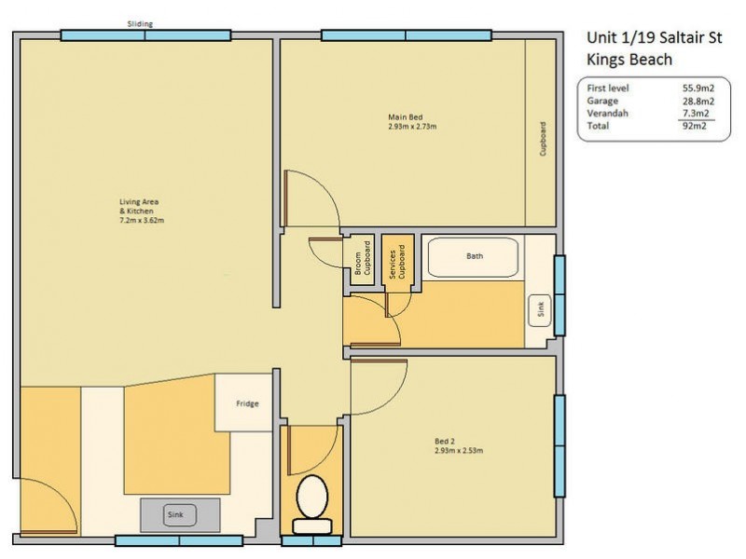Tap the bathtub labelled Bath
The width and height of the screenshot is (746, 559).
[473, 257]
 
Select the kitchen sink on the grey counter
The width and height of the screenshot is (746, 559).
[180, 515]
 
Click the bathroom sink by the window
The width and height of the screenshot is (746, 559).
[540, 310]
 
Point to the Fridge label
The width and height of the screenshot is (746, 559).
[247, 403]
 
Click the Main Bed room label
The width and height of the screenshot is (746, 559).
[406, 117]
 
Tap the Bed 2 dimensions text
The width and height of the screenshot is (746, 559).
[459, 451]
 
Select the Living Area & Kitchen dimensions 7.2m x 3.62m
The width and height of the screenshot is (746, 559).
[142, 220]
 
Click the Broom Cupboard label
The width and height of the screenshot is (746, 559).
[363, 258]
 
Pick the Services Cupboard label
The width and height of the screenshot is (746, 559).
[397, 262]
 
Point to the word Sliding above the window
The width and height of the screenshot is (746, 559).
[140, 24]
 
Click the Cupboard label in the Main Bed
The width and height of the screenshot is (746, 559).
[543, 139]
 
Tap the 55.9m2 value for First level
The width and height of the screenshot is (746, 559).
[698, 88]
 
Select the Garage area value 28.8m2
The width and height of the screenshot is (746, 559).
[698, 101]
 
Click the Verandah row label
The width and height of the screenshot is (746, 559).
[608, 113]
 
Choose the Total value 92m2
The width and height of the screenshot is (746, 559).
[694, 126]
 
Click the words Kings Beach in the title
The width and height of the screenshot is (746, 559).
[629, 60]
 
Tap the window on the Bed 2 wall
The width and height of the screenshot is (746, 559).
[560, 446]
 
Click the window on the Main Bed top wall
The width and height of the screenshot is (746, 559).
[407, 35]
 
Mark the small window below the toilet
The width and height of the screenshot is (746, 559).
[312, 541]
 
